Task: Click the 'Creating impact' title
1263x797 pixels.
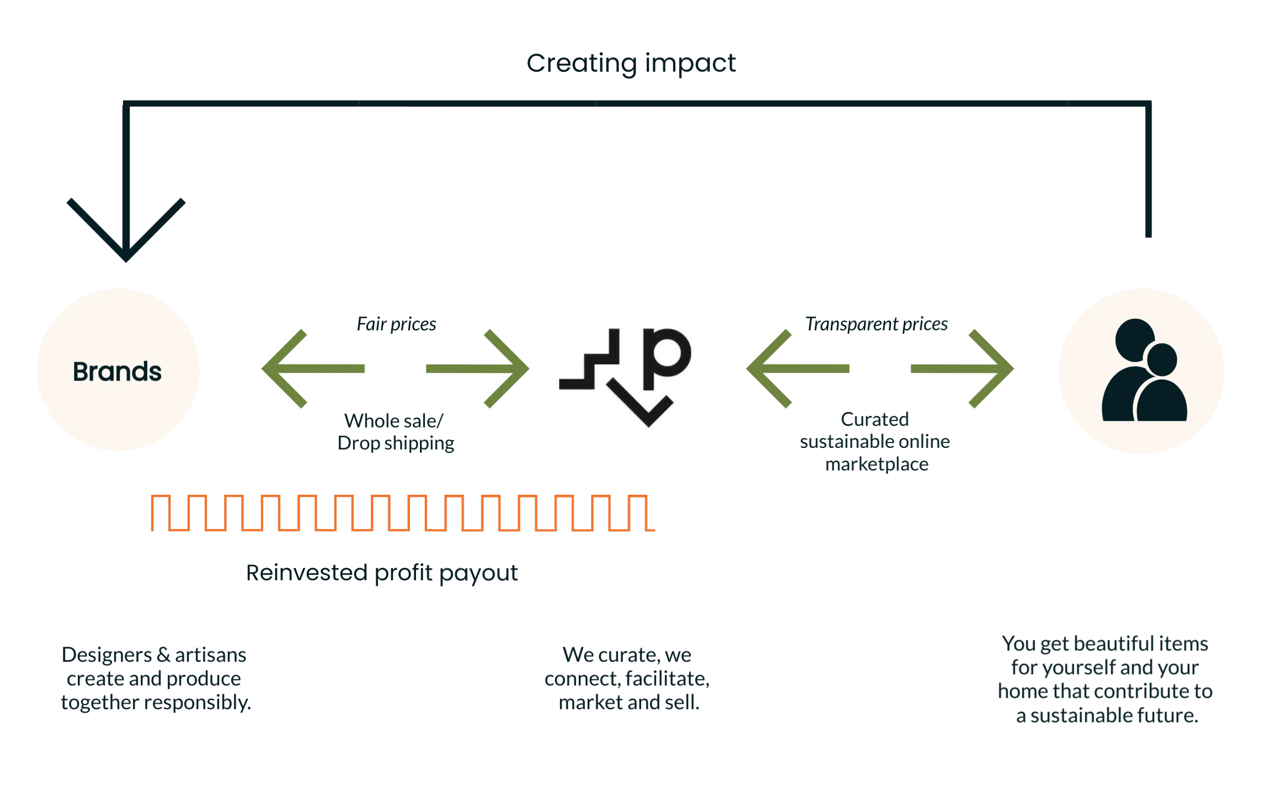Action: pyautogui.click(x=631, y=63)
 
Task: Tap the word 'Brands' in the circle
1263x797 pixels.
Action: pyautogui.click(x=117, y=371)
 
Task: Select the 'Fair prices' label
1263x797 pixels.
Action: pyautogui.click(x=396, y=324)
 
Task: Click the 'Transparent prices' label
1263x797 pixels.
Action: pyautogui.click(x=876, y=324)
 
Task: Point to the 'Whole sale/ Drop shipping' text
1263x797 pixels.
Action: pyautogui.click(x=396, y=432)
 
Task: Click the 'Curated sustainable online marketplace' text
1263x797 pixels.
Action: pyautogui.click(x=876, y=441)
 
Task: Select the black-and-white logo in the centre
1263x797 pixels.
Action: pyautogui.click(x=625, y=378)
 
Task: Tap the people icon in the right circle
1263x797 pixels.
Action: pyautogui.click(x=1143, y=371)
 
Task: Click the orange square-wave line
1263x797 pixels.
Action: pyautogui.click(x=403, y=513)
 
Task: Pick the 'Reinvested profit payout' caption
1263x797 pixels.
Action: pyautogui.click(x=382, y=573)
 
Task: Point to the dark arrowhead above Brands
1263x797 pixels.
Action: pyautogui.click(x=126, y=232)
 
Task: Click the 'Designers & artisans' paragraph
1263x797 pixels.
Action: pyautogui.click(x=154, y=678)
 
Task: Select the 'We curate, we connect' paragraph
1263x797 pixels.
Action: pyautogui.click(x=627, y=678)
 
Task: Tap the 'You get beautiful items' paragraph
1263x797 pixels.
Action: pyautogui.click(x=1105, y=679)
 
